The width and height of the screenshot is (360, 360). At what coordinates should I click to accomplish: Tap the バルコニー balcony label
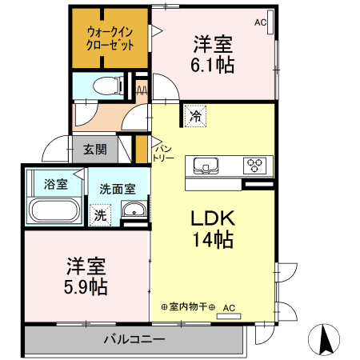(134, 339)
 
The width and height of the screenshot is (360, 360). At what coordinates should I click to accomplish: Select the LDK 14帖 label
(211, 228)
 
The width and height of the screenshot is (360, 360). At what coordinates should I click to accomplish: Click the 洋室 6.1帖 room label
(213, 55)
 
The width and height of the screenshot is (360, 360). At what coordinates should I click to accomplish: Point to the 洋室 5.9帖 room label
(87, 274)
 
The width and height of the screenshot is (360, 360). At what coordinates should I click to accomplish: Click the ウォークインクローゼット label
(111, 38)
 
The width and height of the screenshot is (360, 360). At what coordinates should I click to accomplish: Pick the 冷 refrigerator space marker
(195, 116)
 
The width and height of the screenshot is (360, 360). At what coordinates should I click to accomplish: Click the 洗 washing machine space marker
(100, 214)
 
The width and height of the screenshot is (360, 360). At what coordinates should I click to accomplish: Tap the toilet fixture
(106, 84)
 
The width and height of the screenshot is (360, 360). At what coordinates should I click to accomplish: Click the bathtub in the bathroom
(54, 210)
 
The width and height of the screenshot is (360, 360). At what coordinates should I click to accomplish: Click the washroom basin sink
(133, 212)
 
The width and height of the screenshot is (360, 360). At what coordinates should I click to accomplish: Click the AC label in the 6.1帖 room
(260, 22)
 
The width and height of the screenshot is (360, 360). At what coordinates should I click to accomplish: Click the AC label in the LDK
(230, 306)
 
